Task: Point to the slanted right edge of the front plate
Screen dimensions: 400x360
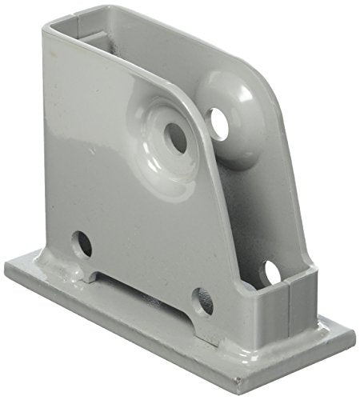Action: (x=240, y=240)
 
